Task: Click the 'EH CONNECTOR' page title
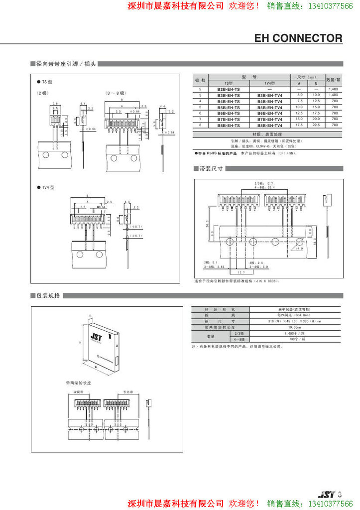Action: point(298,38)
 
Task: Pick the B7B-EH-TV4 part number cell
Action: point(270,120)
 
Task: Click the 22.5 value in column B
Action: point(316,126)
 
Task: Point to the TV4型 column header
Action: point(270,83)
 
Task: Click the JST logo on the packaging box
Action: point(95,337)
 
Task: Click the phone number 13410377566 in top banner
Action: point(331,6)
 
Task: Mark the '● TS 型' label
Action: point(45,81)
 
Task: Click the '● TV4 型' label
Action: point(46,187)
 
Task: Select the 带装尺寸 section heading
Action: point(212,169)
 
